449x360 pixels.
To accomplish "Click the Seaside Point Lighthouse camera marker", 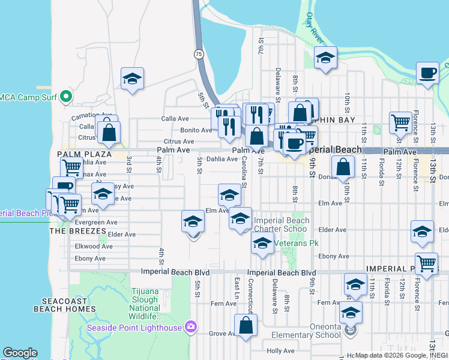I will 191,327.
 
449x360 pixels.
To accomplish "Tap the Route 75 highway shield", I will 197,54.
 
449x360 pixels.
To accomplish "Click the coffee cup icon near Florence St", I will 427,73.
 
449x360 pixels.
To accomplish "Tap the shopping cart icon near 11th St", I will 400,122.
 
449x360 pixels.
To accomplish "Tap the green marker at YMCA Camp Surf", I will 67,97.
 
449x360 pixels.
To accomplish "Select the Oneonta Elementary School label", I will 306,335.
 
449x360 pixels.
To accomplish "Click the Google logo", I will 20,353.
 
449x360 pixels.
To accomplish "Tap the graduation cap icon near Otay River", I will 325,58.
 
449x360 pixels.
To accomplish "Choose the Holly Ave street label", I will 280,351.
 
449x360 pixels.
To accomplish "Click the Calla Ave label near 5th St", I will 175,119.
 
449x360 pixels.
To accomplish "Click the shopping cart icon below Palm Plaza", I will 71,167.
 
